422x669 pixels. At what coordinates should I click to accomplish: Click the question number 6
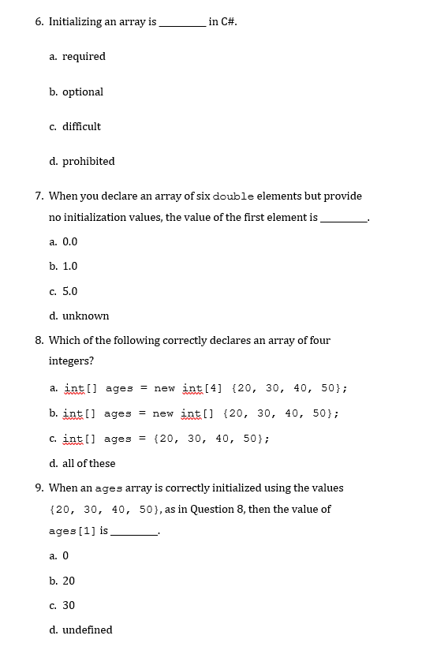tap(39, 22)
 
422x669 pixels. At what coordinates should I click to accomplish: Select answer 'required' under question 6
tap(84, 57)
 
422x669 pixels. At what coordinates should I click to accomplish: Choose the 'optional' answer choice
tap(83, 92)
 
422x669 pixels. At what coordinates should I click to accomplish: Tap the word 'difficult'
tap(81, 126)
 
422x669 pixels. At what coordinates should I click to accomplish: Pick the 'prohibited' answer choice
tap(88, 161)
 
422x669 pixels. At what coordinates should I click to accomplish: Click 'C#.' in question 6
tap(223, 22)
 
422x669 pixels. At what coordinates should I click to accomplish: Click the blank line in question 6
tap(182, 24)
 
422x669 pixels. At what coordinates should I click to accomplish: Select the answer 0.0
tap(69, 242)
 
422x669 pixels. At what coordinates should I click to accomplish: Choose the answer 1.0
tap(69, 267)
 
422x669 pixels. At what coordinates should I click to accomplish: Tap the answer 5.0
tap(69, 291)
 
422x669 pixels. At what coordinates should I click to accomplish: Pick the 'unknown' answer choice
tap(85, 316)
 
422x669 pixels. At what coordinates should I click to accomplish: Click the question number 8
tap(39, 341)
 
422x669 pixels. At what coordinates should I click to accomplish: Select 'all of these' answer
tap(88, 463)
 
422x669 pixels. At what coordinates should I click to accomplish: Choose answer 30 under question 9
tap(69, 605)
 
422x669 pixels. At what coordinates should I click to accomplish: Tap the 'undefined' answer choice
tap(87, 630)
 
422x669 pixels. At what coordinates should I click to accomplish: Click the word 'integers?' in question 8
tap(71, 361)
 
